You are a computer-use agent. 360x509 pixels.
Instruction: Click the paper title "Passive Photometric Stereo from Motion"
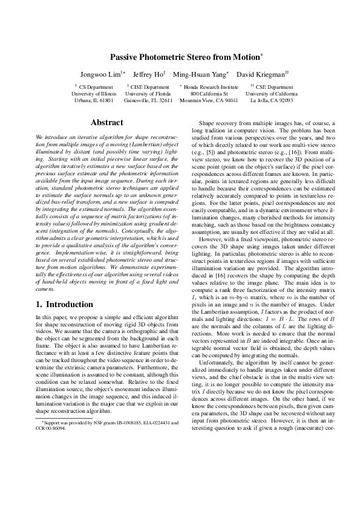coord(185,57)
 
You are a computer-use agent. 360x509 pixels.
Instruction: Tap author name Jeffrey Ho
coord(148,74)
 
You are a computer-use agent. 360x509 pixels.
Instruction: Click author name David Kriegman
coord(261,74)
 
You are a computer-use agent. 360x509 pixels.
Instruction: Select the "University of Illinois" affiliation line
coord(94,94)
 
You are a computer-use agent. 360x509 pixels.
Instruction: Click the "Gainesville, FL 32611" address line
coord(148,101)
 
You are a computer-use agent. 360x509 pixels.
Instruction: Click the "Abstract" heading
coord(106,123)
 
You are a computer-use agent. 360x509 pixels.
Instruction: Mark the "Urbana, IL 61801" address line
coord(94,101)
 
